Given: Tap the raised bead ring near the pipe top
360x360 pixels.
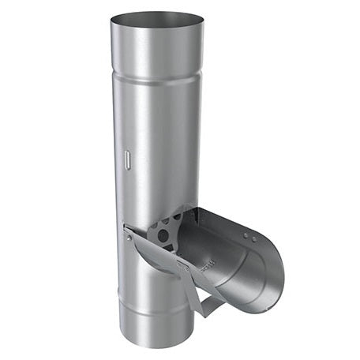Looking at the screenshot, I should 156,77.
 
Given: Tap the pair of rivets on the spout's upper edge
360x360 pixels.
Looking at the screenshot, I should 249,235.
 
